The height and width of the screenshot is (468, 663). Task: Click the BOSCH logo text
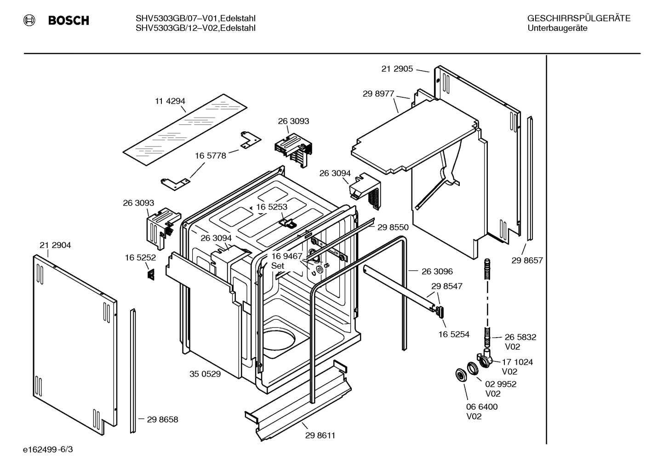pyautogui.click(x=68, y=21)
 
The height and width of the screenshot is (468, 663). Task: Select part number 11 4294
pyautogui.click(x=170, y=101)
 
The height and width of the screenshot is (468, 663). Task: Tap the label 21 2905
pyautogui.click(x=397, y=69)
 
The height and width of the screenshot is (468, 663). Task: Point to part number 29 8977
pyautogui.click(x=378, y=94)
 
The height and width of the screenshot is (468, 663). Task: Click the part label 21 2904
pyautogui.click(x=55, y=245)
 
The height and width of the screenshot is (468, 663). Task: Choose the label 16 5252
pyautogui.click(x=140, y=258)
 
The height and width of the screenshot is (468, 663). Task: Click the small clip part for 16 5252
pyautogui.click(x=150, y=274)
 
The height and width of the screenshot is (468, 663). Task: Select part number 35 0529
pyautogui.click(x=205, y=374)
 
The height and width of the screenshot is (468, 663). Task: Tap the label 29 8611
pyautogui.click(x=320, y=435)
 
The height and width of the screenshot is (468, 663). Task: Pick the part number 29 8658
pyautogui.click(x=162, y=419)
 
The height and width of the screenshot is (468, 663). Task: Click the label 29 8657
pyautogui.click(x=527, y=260)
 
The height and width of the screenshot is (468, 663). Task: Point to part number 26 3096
pyautogui.click(x=437, y=271)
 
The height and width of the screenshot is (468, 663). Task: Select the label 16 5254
pyautogui.click(x=454, y=334)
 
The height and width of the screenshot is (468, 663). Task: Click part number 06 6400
pyautogui.click(x=482, y=406)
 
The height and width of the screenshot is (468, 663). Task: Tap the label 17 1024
pyautogui.click(x=517, y=362)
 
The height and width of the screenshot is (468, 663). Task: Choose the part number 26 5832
pyautogui.click(x=520, y=337)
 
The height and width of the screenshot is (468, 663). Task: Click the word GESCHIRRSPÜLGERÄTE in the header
pyautogui.click(x=578, y=19)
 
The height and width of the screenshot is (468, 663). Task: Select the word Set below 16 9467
pyautogui.click(x=278, y=266)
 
